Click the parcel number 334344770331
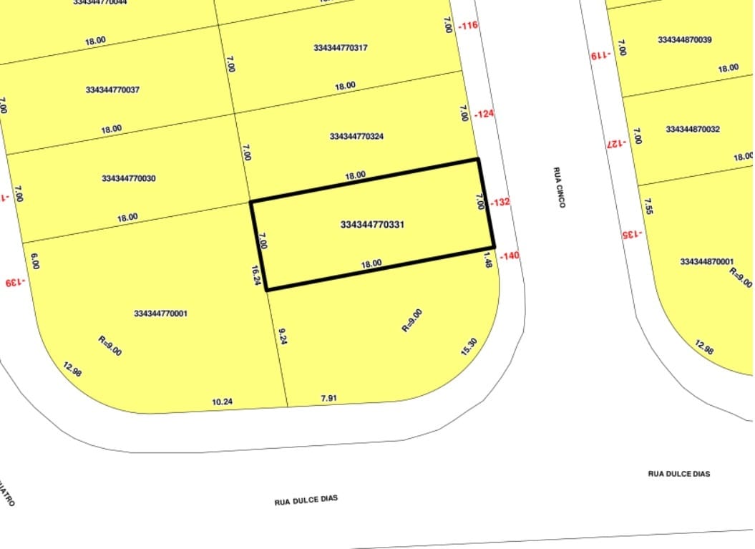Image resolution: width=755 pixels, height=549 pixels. pyautogui.click(x=372, y=225)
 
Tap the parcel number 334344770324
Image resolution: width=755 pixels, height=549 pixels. pyautogui.click(x=357, y=136)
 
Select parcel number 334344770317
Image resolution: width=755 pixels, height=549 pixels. pyautogui.click(x=341, y=48)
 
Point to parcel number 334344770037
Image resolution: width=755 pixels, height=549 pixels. pyautogui.click(x=112, y=90)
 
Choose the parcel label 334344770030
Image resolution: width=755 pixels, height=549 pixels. pyautogui.click(x=129, y=178)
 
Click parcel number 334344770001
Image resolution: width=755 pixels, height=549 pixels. pyautogui.click(x=161, y=314)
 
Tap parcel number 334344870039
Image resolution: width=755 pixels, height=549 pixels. pyautogui.click(x=685, y=40)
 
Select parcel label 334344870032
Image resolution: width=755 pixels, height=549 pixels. pyautogui.click(x=693, y=130)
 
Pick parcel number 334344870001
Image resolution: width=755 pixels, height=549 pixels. pyautogui.click(x=707, y=262)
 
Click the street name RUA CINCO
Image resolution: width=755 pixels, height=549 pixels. pyautogui.click(x=559, y=188)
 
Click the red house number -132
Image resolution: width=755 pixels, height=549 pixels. pyautogui.click(x=500, y=203)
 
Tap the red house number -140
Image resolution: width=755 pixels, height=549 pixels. pyautogui.click(x=510, y=256)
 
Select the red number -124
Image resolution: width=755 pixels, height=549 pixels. pyautogui.click(x=484, y=114)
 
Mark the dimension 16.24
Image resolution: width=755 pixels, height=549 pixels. pyautogui.click(x=255, y=276)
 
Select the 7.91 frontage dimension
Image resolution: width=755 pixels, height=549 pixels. pyautogui.click(x=328, y=398)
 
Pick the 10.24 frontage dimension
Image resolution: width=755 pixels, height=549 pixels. pyautogui.click(x=223, y=402)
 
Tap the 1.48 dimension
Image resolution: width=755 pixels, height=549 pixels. pyautogui.click(x=488, y=259)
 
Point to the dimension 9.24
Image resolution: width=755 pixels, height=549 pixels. pyautogui.click(x=282, y=336)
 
